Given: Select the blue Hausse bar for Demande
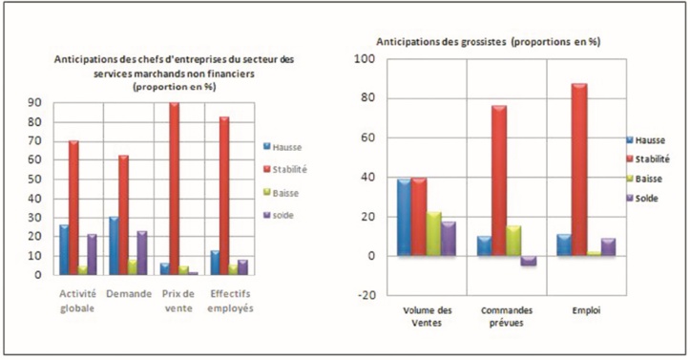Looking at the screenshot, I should [x=114, y=246].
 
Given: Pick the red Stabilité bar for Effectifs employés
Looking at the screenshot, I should [x=224, y=196].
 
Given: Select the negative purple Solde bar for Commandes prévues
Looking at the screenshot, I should [x=529, y=261].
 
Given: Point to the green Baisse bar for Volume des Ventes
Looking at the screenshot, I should [x=434, y=234].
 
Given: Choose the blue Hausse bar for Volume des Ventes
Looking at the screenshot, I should [x=405, y=218].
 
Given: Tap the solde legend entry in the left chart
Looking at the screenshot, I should [x=281, y=215].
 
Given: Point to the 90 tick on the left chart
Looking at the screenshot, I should [x=35, y=103].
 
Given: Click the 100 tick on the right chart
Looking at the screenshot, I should [x=366, y=59].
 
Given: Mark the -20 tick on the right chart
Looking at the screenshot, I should [x=366, y=295].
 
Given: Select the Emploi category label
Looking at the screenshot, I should [x=586, y=310].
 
